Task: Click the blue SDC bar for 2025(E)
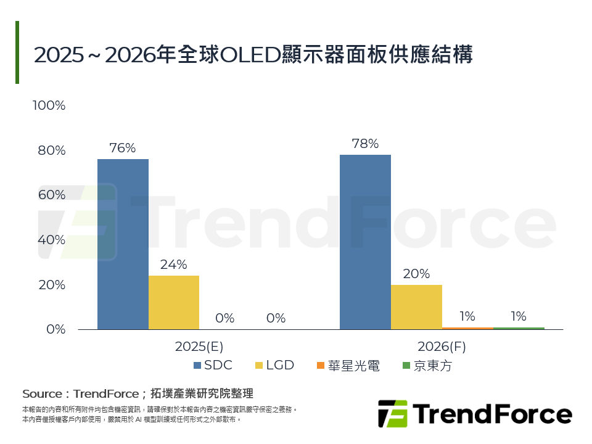(x=123, y=244)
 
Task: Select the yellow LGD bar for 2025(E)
(x=174, y=302)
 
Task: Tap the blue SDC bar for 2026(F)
(x=365, y=242)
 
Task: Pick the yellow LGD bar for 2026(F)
(x=416, y=306)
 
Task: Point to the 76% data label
(x=122, y=148)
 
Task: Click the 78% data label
(x=364, y=144)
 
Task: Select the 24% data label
(x=173, y=265)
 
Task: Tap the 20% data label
(x=416, y=274)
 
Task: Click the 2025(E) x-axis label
(x=197, y=347)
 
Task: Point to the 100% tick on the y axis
(x=49, y=105)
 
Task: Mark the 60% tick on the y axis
(x=52, y=195)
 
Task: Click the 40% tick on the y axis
(x=52, y=240)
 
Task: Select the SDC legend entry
(x=212, y=365)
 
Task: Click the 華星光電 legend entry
(x=348, y=366)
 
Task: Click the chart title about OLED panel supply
(x=253, y=54)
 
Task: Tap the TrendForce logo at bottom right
(x=474, y=413)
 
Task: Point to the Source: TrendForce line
(x=138, y=393)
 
